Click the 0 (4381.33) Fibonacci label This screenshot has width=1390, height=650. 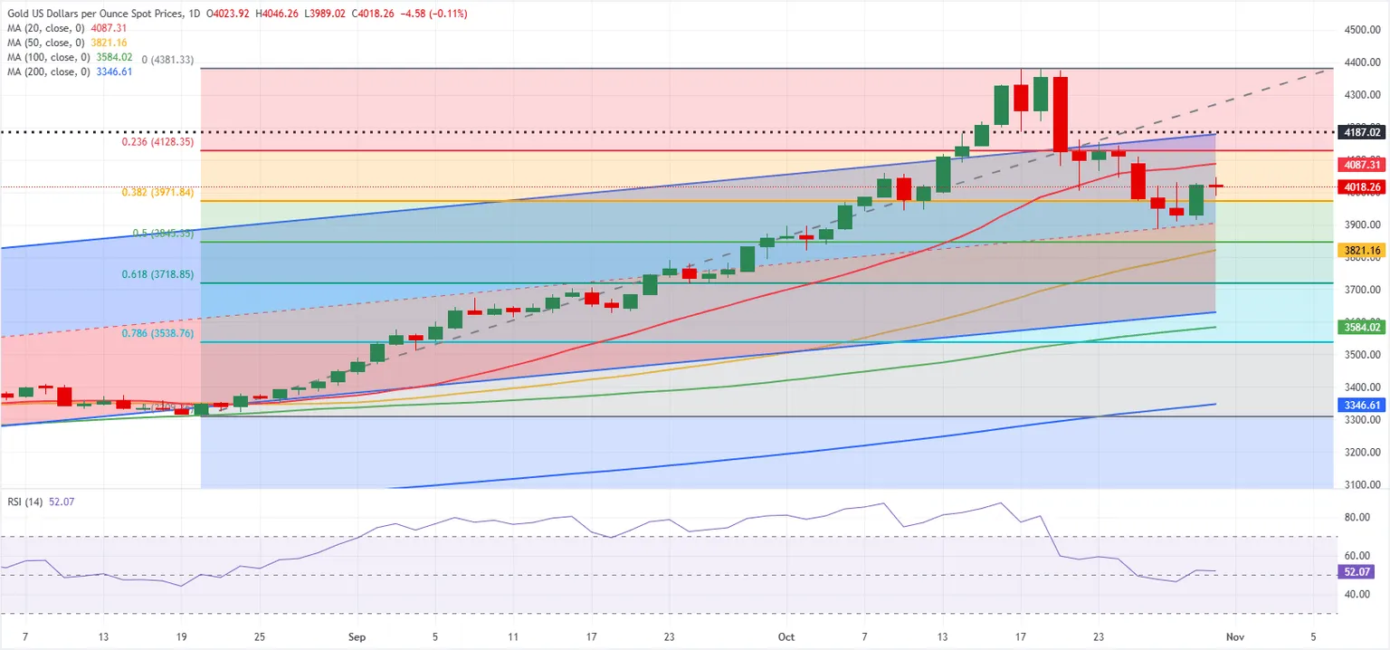click(167, 60)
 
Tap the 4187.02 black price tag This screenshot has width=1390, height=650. click(1361, 132)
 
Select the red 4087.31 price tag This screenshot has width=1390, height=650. click(1361, 165)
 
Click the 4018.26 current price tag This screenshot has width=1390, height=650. click(1361, 187)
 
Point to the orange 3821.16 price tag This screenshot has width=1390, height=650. click(1361, 250)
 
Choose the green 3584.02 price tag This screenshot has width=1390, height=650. click(1361, 327)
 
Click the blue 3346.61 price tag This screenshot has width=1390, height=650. click(1361, 405)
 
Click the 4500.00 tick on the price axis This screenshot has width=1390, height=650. click(1362, 30)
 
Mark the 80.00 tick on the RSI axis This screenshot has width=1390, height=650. click(1357, 517)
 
